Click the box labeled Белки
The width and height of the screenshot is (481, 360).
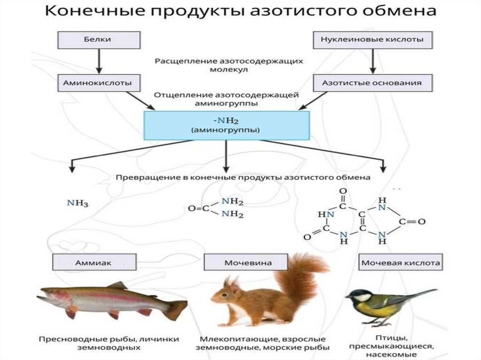(x=100, y=40)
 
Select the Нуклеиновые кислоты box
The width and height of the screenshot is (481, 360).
(x=372, y=40)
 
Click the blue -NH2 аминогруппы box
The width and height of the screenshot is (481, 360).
(x=226, y=125)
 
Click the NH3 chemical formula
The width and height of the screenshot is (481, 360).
(x=78, y=203)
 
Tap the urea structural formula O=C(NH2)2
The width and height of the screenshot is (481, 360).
(x=216, y=208)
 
